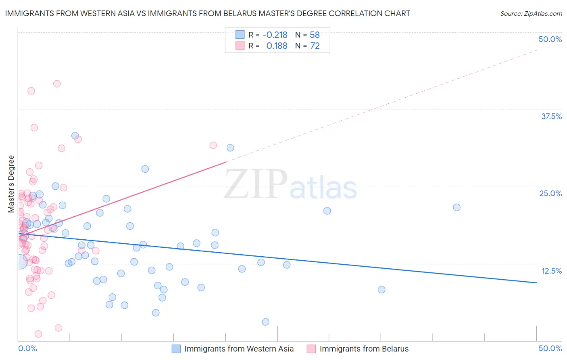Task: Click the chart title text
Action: (207, 13)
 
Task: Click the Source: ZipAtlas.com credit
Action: (531, 13)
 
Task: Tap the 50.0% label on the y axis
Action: (550, 39)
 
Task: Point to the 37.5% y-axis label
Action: (551, 116)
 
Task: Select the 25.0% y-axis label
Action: (550, 193)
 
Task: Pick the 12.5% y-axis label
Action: (551, 271)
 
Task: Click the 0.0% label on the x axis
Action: (27, 348)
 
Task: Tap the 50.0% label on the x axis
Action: (550, 348)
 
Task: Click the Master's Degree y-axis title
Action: (11, 184)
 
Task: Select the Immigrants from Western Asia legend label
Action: (239, 349)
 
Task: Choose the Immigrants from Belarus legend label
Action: (364, 349)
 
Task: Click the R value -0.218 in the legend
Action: (275, 35)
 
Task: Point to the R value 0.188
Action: (277, 46)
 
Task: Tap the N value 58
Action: (315, 35)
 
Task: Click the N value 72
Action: (315, 46)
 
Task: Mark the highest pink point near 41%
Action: (57, 84)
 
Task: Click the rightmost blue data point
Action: (457, 207)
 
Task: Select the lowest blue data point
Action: (265, 322)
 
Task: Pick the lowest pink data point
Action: (38, 334)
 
